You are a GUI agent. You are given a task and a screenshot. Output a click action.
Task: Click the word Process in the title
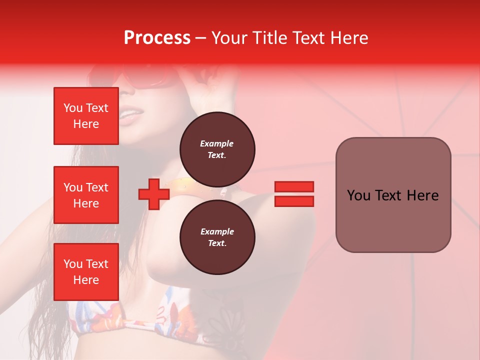tap(157, 37)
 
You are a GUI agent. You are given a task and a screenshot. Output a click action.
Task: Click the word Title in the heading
tap(270, 37)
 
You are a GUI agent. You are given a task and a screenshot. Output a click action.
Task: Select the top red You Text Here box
tap(86, 116)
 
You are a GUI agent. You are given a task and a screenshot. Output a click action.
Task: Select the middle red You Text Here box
tap(86, 195)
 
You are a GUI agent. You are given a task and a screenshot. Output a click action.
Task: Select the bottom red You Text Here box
tap(86, 272)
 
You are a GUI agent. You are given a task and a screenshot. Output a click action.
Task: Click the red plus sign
tap(154, 194)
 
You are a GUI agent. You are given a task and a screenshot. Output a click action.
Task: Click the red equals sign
tap(294, 194)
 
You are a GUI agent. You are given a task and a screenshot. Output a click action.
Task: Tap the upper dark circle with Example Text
tap(217, 149)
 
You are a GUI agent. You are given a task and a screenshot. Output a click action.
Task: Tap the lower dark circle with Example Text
tap(217, 237)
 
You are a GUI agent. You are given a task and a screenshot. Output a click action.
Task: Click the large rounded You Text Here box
tap(393, 194)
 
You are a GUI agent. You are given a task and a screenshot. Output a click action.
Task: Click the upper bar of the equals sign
tap(294, 187)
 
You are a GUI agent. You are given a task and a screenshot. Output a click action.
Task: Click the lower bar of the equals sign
tap(294, 201)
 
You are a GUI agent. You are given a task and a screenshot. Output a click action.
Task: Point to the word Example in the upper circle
tap(217, 143)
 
